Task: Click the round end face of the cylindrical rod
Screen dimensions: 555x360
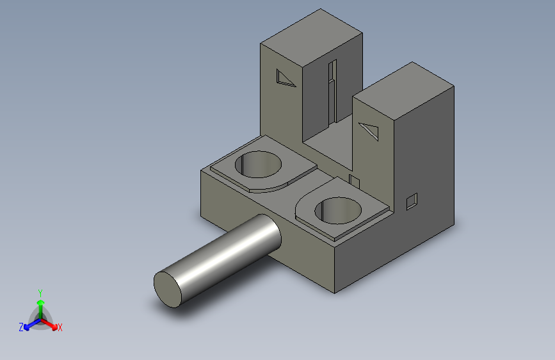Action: (x=168, y=290)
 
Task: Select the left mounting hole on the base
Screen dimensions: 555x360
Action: (x=259, y=165)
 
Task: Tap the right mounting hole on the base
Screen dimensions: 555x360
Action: (x=338, y=211)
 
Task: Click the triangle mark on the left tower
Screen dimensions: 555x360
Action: (x=284, y=79)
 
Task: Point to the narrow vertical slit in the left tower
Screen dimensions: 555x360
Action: (x=332, y=93)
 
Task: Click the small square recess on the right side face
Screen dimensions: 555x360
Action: (x=412, y=202)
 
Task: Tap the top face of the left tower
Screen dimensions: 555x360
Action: (x=312, y=38)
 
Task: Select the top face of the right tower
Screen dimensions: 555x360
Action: (x=403, y=91)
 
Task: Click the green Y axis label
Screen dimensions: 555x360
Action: (x=40, y=293)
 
